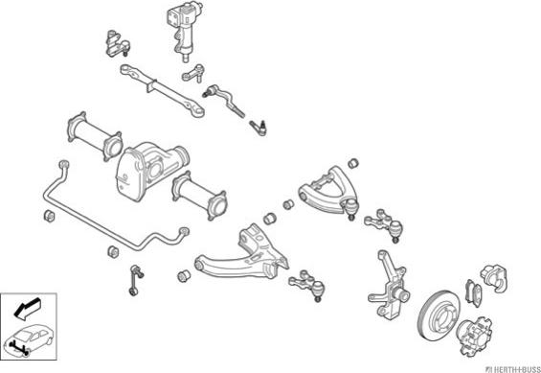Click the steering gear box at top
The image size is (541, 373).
(185, 28)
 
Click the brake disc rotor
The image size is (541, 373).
(439, 315)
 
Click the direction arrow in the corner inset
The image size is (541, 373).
(27, 308)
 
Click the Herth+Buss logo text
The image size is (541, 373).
(512, 368)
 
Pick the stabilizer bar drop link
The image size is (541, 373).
(134, 280)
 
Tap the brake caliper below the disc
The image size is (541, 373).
(474, 336)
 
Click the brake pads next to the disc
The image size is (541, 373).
(472, 292)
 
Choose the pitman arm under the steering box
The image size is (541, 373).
(193, 73)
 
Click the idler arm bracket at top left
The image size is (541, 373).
(118, 43)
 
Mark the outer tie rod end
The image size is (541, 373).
(259, 128)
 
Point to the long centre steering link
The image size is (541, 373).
(162, 89)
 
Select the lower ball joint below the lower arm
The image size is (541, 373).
(306, 284)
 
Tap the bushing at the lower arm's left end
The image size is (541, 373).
(184, 275)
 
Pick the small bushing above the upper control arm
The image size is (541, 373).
(353, 163)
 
